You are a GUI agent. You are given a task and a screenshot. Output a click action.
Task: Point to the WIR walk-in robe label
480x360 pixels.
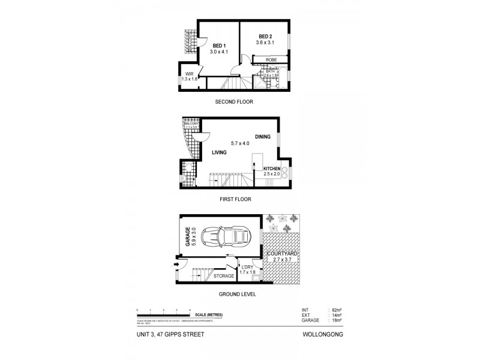coord(188,74)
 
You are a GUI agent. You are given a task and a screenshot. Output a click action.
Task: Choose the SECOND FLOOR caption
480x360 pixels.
coord(234,102)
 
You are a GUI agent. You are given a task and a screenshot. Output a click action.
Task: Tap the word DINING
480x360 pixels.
coord(263,136)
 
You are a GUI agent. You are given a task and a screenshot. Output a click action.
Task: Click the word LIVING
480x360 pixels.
coord(220,153)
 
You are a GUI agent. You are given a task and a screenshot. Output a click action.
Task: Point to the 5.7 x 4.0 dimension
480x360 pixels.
coord(240,143)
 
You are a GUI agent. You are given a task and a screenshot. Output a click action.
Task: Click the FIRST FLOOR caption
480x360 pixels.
coord(235,199)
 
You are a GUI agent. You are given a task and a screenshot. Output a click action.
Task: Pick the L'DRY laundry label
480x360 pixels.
coord(247,267)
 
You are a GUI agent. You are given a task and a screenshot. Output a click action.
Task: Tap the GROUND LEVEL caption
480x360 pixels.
coord(237,295)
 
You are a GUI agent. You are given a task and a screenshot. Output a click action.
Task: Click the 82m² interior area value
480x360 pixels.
coord(335,310)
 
